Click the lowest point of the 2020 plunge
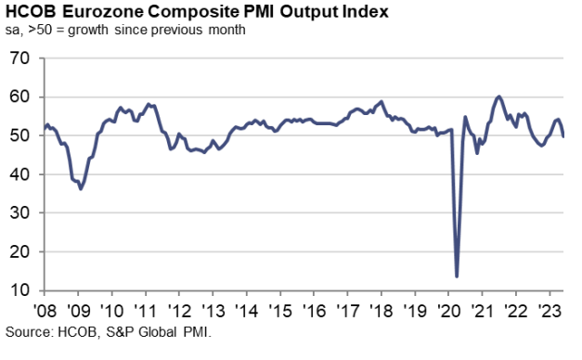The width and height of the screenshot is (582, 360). click(x=457, y=276)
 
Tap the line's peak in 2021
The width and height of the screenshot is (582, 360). click(x=499, y=96)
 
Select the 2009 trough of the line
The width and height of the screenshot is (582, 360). click(x=81, y=188)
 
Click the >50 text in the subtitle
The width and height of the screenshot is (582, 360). click(x=33, y=32)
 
